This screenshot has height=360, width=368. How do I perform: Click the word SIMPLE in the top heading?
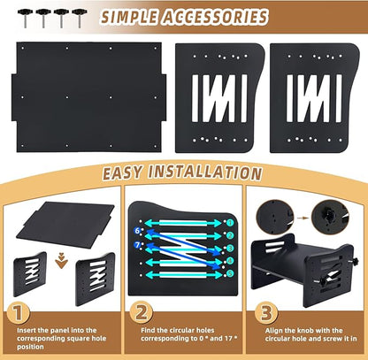coord(129,17)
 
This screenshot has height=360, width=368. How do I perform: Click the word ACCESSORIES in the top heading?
coord(215,17)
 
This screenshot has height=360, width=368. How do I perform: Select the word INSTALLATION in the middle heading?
coord(204,172)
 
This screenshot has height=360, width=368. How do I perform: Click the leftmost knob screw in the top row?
coord(25,18)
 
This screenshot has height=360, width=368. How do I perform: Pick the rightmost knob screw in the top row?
coord(80,18)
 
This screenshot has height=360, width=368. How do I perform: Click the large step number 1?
coord(19,313)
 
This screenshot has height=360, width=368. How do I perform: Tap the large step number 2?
coord(142,313)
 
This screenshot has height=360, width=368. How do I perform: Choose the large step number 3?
coord(265,313)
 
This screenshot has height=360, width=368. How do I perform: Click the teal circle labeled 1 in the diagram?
coord(230,223)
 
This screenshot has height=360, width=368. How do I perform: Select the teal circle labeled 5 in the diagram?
coord(230,273)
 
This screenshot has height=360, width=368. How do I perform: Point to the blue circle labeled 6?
coord(137,231)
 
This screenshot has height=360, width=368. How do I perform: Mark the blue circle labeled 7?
coord(137,245)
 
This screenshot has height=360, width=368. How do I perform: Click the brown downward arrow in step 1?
coord(61,260)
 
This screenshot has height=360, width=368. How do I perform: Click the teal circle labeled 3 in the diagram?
coord(230,248)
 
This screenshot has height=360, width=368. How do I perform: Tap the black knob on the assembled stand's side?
coord(354,261)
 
